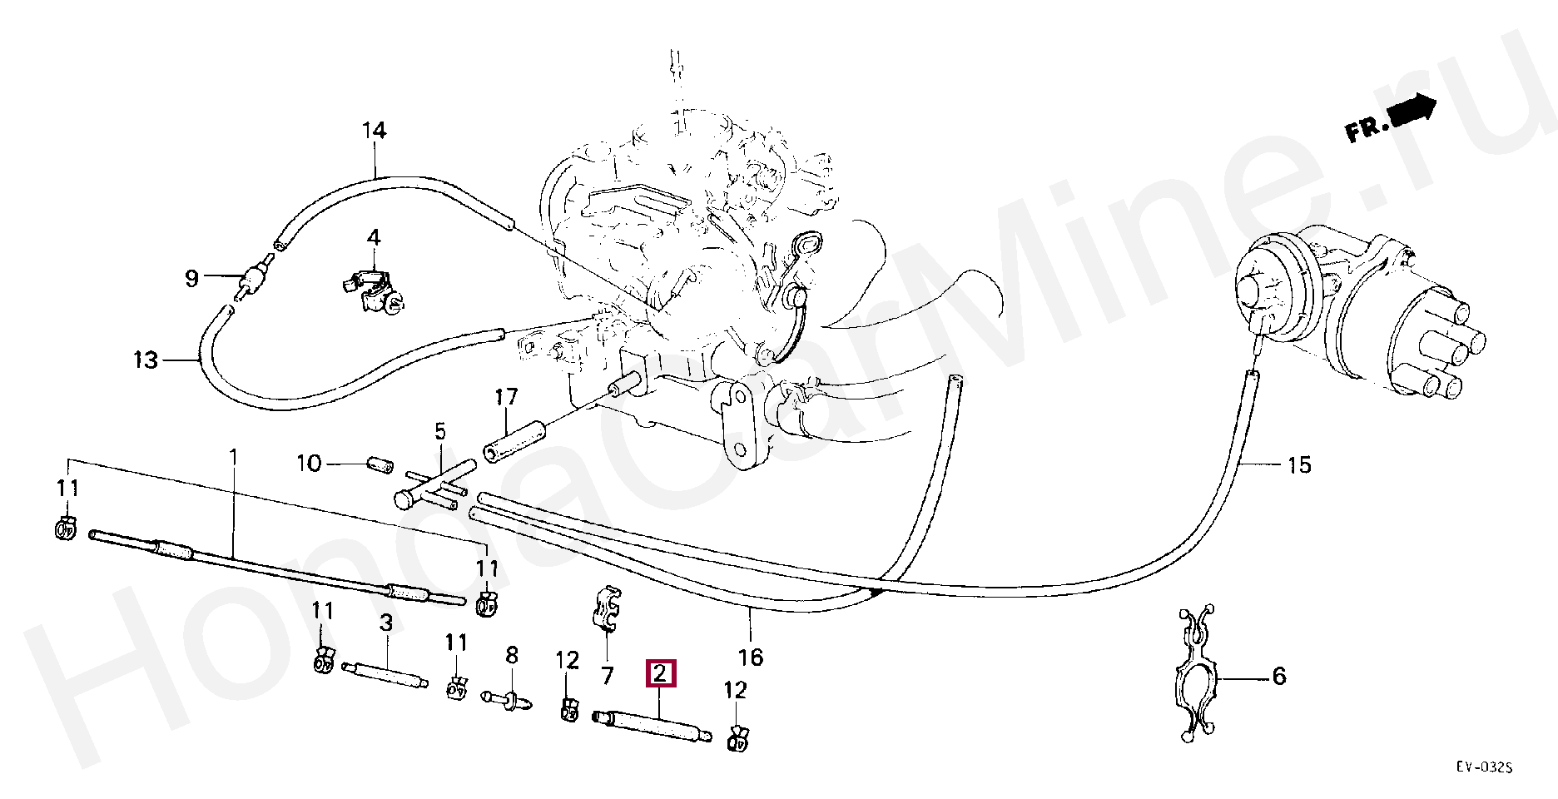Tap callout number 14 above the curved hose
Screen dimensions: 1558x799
click(x=375, y=132)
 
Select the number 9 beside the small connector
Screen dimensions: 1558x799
click(x=191, y=278)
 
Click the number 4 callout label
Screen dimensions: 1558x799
click(x=374, y=238)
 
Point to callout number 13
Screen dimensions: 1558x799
click(x=146, y=360)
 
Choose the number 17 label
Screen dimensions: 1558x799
click(x=507, y=396)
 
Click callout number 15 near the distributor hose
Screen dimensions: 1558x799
click(x=1299, y=465)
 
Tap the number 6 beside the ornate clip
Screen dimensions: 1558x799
click(x=1279, y=676)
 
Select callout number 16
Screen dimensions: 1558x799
click(x=750, y=658)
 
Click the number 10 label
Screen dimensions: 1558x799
click(x=309, y=463)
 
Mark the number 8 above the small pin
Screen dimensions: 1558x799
click(x=511, y=656)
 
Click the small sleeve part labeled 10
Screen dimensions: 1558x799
click(x=379, y=463)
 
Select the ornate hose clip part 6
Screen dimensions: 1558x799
click(x=1196, y=671)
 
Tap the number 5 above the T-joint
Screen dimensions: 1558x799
click(x=439, y=431)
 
